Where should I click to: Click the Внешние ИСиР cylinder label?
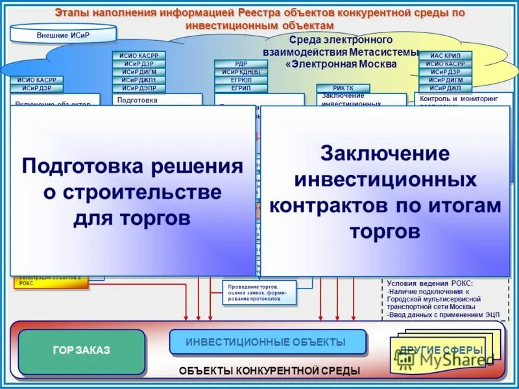tap(63, 34)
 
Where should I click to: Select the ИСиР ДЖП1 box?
tap(138, 80)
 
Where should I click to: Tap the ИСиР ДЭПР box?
tap(138, 88)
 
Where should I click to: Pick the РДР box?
tap(241, 64)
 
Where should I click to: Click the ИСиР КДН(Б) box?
tap(241, 72)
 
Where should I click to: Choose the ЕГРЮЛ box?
tap(241, 80)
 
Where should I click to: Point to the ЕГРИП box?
tap(241, 88)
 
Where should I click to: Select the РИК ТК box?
tap(343, 88)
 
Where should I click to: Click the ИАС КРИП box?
tap(445, 56)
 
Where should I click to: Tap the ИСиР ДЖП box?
tap(445, 88)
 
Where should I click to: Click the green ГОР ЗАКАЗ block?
tap(81, 351)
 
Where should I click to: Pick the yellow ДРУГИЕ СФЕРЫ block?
tap(441, 351)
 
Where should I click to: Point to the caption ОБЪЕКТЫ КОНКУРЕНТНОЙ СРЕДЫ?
tap(269, 370)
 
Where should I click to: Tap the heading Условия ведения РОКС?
tap(429, 283)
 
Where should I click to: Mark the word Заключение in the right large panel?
tap(385, 154)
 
